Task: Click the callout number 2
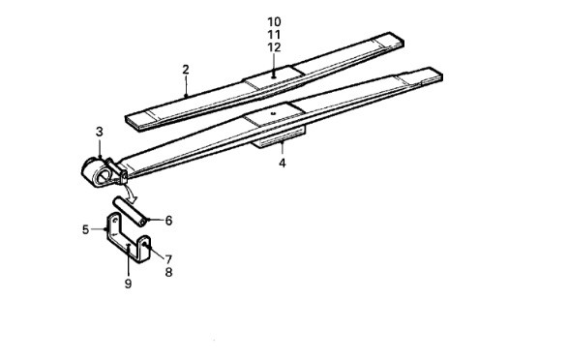click(x=186, y=70)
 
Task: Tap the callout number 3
click(x=100, y=132)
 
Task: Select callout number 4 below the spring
click(x=283, y=163)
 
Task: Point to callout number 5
click(x=85, y=229)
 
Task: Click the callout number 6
click(x=168, y=221)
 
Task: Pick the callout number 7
click(x=168, y=259)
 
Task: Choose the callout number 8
click(x=168, y=272)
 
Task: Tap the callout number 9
click(x=128, y=284)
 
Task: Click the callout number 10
click(x=274, y=22)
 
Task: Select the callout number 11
click(x=274, y=35)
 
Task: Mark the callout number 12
click(x=274, y=47)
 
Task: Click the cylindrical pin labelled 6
click(x=132, y=211)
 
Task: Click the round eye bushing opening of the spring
click(x=103, y=176)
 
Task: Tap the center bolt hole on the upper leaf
click(x=274, y=76)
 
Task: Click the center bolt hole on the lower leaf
click(x=274, y=113)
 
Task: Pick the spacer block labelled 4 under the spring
click(x=280, y=137)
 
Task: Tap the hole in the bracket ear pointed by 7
click(x=144, y=244)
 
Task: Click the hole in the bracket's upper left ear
click(x=115, y=220)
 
